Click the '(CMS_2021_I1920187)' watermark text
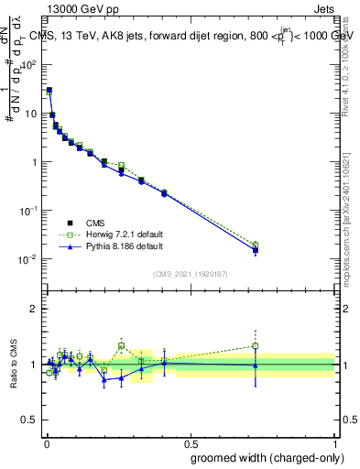coord(190,274)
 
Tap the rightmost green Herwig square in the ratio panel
coord(256,346)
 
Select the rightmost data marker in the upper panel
coord(256,249)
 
